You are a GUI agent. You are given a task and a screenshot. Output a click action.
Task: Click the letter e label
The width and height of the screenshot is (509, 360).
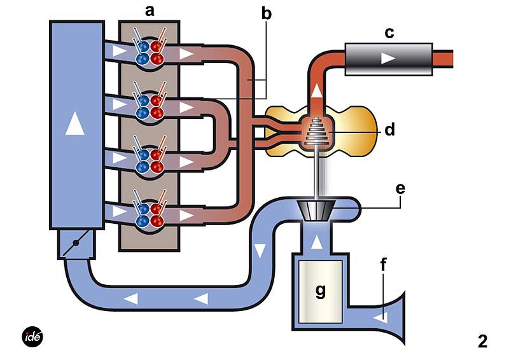pyautogui.click(x=400, y=188)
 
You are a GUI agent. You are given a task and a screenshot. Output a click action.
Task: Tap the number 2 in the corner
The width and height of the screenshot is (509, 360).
pyautogui.click(x=482, y=342)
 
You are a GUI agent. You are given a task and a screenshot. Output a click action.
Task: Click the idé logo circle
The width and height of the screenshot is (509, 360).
pyautogui.click(x=32, y=336)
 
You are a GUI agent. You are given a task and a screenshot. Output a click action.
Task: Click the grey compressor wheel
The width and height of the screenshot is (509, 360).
pyautogui.click(x=315, y=209)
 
